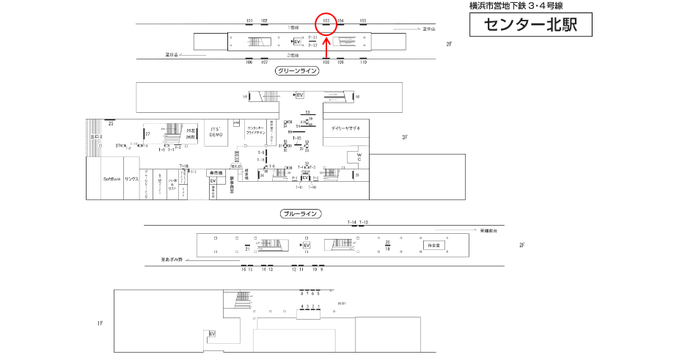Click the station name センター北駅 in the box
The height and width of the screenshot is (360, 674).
click(530, 25)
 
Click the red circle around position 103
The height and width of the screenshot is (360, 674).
click(326, 23)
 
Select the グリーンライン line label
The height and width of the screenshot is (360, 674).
click(298, 71)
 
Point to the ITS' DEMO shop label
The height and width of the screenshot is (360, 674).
click(216, 132)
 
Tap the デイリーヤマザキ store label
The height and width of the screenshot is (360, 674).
click(345, 128)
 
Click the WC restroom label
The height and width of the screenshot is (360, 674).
click(359, 158)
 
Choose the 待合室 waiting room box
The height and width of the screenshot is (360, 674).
click(432, 245)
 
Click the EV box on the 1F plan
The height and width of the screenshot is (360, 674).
click(213, 334)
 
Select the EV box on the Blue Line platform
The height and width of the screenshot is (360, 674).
click(307, 245)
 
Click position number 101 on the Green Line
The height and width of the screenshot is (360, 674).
click(249, 21)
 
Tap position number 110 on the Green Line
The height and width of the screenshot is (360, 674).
click(363, 62)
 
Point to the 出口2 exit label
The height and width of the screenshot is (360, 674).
click(95, 137)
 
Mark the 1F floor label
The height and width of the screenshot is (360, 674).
click(100, 323)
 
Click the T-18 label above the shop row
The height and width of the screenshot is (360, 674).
click(184, 166)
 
